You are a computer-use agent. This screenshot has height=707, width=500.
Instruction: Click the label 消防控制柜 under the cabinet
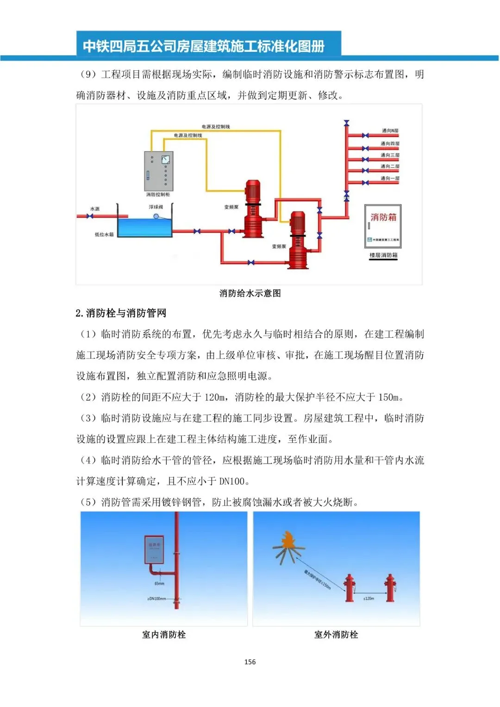click(x=158, y=195)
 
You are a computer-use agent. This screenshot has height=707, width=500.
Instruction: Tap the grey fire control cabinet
click(x=159, y=171)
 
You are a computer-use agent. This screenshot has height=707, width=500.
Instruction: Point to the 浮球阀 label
click(x=156, y=207)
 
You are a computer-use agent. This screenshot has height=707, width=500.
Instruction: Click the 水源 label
click(x=95, y=209)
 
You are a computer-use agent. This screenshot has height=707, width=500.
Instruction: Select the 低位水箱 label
click(x=104, y=235)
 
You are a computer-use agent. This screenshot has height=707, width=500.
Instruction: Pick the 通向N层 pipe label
click(x=390, y=131)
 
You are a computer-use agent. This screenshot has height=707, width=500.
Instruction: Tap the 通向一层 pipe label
click(x=390, y=178)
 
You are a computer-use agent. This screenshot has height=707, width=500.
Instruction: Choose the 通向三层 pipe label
click(x=390, y=155)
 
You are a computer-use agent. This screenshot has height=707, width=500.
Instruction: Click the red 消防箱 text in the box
click(x=383, y=217)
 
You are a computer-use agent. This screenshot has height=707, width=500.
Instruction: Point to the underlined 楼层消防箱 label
click(x=383, y=255)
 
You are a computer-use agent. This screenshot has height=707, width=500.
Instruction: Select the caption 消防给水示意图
click(x=250, y=293)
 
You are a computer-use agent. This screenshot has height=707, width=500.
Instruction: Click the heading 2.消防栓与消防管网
click(x=121, y=313)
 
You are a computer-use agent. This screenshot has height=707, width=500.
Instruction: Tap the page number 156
click(x=250, y=662)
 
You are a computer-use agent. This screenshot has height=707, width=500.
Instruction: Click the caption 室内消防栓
click(x=164, y=635)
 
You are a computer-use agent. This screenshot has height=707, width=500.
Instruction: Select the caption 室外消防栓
click(x=336, y=635)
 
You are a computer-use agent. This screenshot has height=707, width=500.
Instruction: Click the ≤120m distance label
click(x=369, y=599)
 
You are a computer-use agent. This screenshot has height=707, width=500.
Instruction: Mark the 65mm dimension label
click(x=159, y=583)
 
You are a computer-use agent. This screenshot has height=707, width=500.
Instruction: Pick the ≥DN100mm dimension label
click(x=156, y=599)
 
